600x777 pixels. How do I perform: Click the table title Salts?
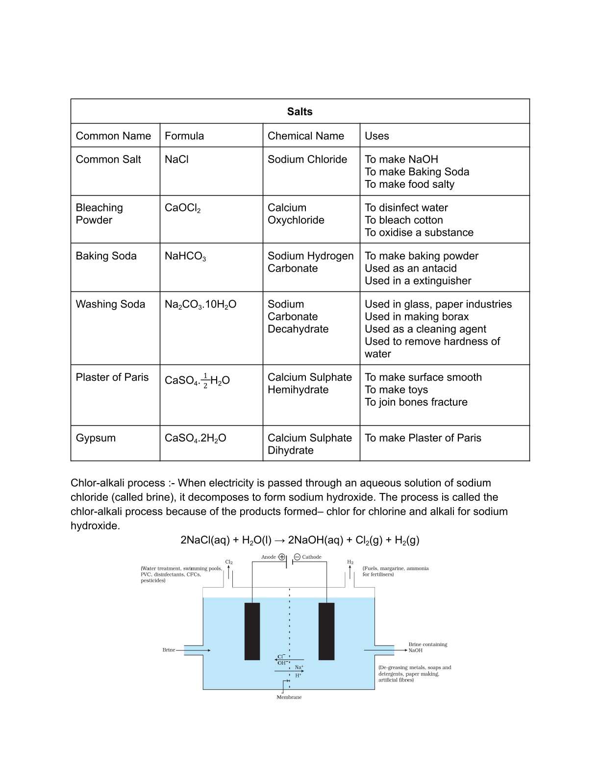point(300,111)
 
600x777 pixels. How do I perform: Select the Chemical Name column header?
point(305,136)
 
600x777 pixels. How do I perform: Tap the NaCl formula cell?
point(176,159)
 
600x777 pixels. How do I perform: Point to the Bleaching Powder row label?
point(99,214)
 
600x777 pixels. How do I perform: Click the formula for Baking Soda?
point(185,256)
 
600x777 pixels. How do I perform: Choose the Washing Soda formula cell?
point(200,305)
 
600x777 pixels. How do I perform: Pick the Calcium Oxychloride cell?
point(296,214)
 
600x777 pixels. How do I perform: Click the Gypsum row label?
point(96,438)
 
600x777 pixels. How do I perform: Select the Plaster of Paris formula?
point(197,381)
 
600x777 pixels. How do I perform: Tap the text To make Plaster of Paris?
point(423,438)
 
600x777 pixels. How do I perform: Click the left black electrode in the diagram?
point(252,631)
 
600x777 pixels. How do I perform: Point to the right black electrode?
point(326,631)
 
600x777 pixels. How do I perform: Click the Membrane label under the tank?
point(289,697)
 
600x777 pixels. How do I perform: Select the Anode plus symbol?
point(282,557)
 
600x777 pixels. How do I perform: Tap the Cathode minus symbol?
point(297,557)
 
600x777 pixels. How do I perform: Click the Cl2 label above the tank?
point(229,562)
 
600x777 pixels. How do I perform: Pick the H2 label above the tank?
point(350,562)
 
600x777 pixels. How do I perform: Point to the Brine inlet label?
point(169,650)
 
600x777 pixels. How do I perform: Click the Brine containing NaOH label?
point(427,647)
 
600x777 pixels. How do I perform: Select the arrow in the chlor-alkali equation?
point(279,541)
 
